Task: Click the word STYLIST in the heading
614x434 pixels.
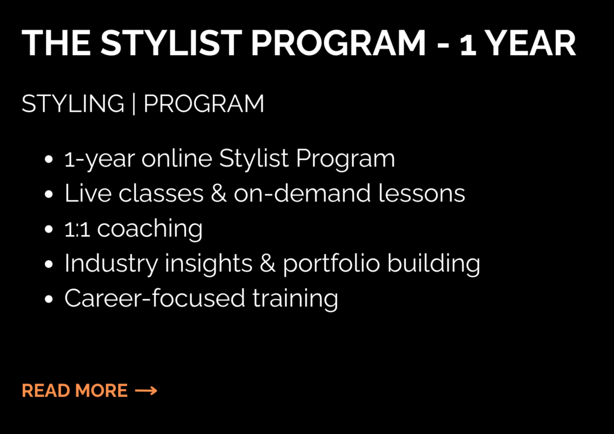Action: (x=171, y=43)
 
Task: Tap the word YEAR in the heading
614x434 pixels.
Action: (x=530, y=43)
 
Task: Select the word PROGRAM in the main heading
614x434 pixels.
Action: (x=338, y=43)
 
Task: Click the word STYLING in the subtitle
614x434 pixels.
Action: (x=73, y=103)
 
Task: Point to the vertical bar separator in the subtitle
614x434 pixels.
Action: (x=134, y=104)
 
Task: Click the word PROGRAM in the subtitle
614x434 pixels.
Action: (x=204, y=103)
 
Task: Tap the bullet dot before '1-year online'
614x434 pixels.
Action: (x=49, y=159)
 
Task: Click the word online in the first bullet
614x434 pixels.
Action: (x=177, y=158)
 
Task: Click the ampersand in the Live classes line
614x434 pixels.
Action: (x=218, y=194)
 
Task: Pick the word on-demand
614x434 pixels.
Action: (x=302, y=194)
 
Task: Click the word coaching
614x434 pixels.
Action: (x=149, y=229)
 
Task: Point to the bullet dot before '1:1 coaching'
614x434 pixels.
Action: (x=49, y=230)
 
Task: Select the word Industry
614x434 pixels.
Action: (x=111, y=263)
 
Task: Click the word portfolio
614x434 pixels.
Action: (x=331, y=263)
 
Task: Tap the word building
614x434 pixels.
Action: (x=434, y=263)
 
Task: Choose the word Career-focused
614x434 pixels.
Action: (x=155, y=298)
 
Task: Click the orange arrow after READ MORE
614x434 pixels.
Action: (x=146, y=391)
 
